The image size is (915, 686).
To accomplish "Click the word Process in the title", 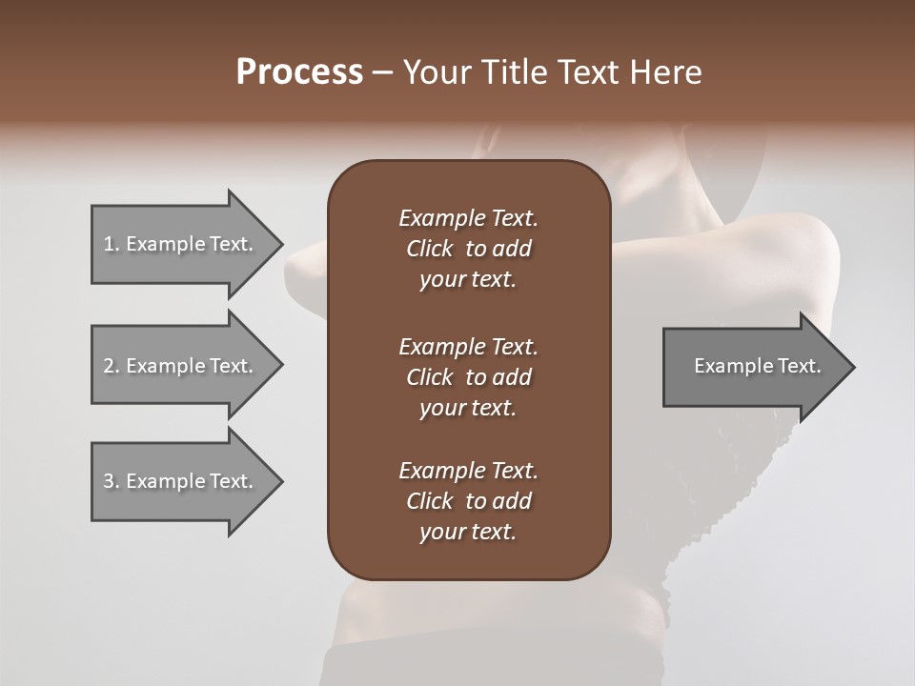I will (299, 72).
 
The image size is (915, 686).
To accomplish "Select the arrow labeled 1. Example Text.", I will (181, 244).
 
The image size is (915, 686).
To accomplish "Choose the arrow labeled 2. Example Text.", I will (181, 366).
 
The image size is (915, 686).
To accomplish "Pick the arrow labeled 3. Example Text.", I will (181, 481).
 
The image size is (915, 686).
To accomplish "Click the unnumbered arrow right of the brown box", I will (753, 366).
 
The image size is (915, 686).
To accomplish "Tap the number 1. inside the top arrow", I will (112, 244).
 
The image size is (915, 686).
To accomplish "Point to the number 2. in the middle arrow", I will (112, 366).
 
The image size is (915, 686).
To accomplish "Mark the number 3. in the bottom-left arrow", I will (112, 481).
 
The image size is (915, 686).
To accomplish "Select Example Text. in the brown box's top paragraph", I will (468, 218).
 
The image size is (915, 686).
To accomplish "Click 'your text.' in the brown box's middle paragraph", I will (468, 408).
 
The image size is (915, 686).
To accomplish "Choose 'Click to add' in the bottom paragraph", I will (468, 501).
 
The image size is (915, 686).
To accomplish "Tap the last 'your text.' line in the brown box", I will (468, 533).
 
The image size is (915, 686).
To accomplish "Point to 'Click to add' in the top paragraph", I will (468, 249).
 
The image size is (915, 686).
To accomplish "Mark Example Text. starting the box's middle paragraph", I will (468, 346).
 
